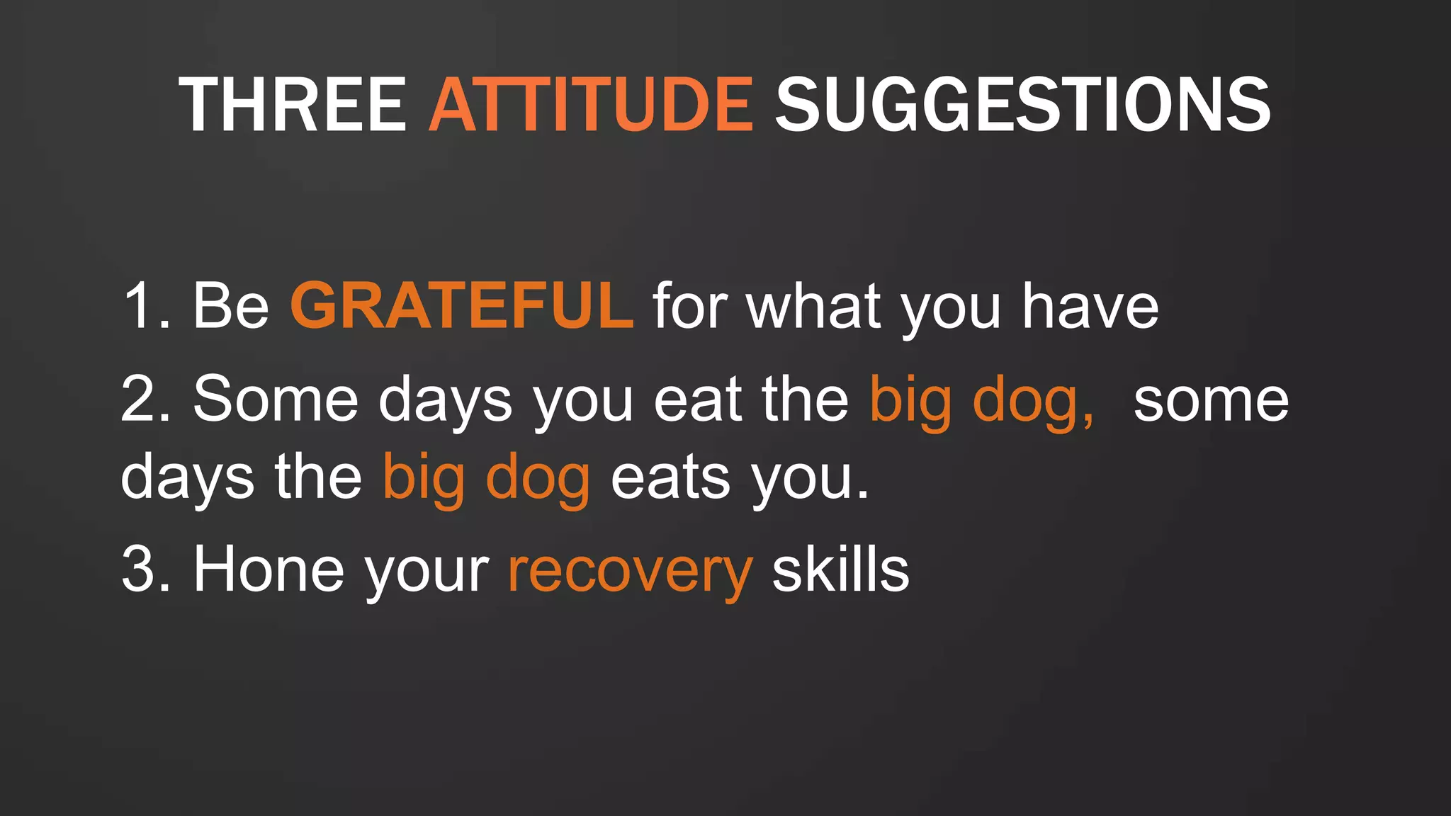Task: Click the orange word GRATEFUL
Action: click(x=461, y=306)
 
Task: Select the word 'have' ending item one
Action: click(x=1090, y=306)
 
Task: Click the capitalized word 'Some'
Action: click(x=276, y=400)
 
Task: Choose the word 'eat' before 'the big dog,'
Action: click(x=697, y=400)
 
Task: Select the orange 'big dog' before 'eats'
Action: click(x=486, y=479)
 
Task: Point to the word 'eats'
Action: click(x=670, y=479)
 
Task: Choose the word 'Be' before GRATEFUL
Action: click(x=230, y=306)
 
